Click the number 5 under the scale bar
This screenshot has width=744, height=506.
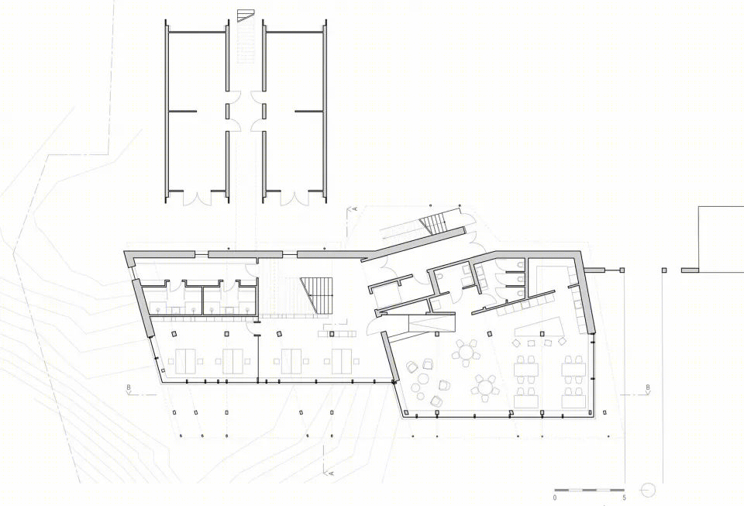625,497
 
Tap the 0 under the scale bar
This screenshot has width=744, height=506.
555,497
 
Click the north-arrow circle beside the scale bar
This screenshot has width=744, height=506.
647,490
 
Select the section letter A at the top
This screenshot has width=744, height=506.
354,208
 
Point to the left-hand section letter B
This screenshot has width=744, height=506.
129,388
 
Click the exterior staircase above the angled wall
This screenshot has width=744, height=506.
432,224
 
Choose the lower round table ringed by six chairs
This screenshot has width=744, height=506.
484,387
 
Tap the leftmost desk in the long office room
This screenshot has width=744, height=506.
185,361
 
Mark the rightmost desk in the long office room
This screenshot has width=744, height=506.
342,361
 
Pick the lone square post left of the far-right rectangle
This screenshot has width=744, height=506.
664,270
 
